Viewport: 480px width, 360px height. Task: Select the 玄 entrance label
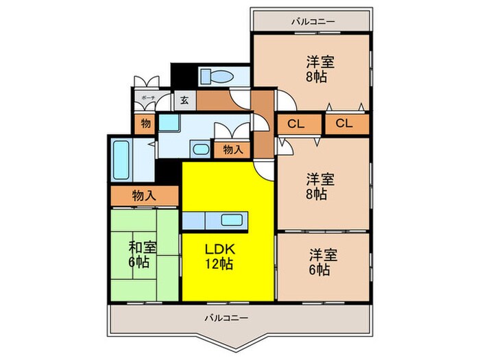(184, 100)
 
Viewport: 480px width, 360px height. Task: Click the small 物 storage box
(145, 124)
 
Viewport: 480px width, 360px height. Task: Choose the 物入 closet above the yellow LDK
(231, 149)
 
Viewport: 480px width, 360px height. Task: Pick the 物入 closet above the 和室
(144, 195)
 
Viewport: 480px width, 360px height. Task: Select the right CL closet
(345, 124)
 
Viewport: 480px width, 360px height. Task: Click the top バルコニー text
(313, 22)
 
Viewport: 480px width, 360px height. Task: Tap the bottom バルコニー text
(226, 318)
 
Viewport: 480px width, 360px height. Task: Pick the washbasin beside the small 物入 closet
(200, 149)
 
